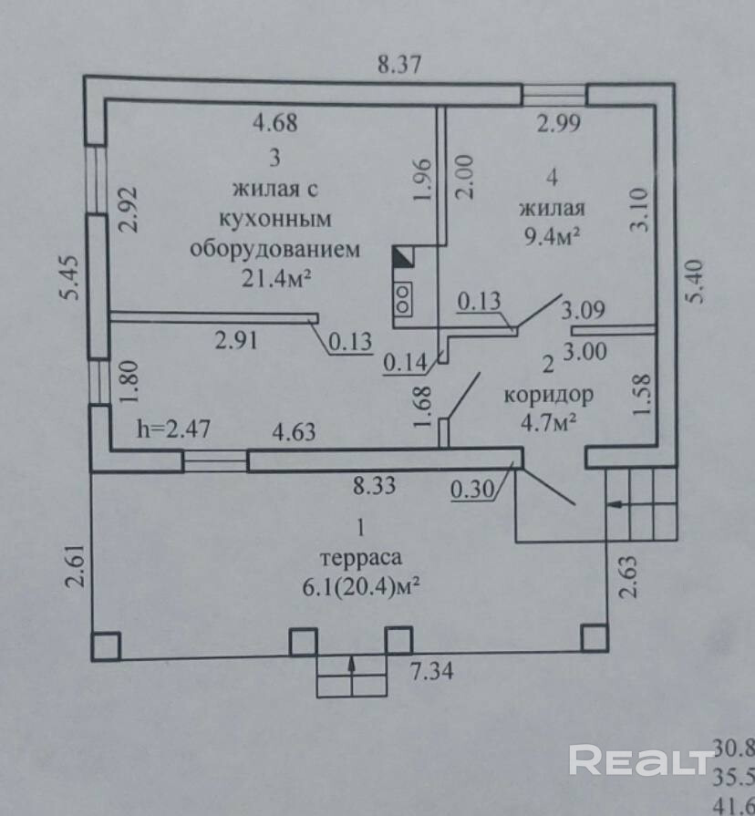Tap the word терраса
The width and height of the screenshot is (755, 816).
point(361,558)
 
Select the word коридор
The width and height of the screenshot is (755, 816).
point(549,395)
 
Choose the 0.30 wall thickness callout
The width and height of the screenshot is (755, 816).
point(472,491)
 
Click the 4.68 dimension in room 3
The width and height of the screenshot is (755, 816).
point(274,121)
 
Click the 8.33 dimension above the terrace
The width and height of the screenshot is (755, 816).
point(374,486)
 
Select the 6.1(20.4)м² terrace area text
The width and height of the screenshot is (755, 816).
point(362,588)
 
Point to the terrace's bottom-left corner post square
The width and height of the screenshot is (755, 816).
point(105,646)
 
